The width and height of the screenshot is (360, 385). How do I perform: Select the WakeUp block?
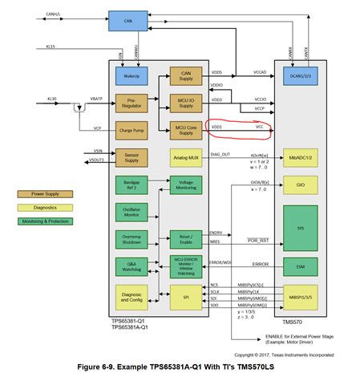(x=129, y=75)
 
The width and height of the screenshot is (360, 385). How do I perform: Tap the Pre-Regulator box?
(x=129, y=102)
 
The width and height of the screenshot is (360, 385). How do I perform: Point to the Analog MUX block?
(x=185, y=157)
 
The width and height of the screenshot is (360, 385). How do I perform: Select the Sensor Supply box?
(x=129, y=157)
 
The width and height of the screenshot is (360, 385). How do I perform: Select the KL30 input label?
(x=50, y=97)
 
